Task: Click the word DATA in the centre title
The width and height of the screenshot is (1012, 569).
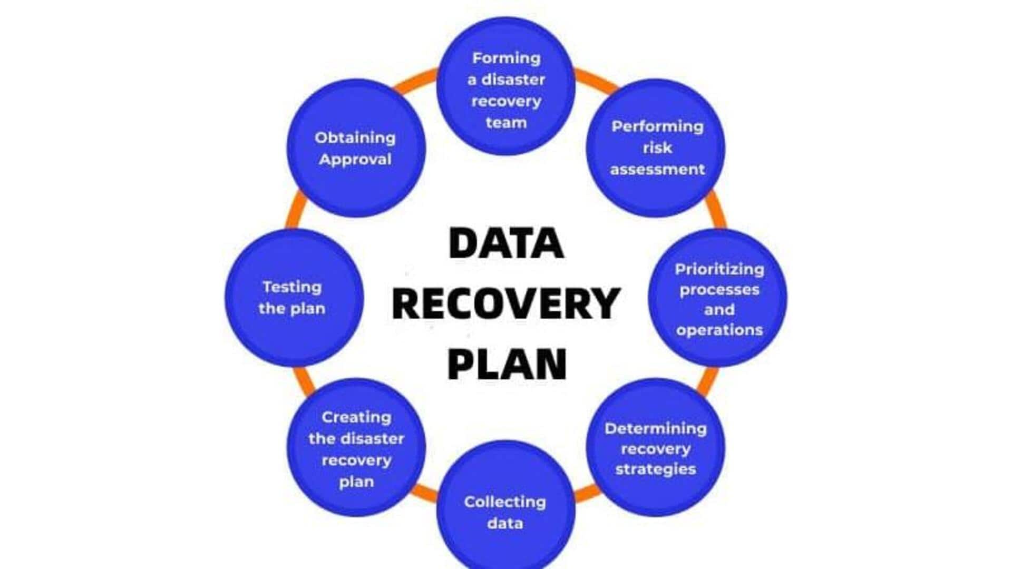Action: click(506, 243)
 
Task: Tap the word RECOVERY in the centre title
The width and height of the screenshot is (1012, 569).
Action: click(506, 303)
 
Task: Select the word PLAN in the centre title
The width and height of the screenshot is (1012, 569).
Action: click(507, 364)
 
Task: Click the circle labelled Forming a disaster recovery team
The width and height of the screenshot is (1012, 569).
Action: click(506, 86)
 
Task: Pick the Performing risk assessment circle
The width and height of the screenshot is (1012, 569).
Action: click(656, 148)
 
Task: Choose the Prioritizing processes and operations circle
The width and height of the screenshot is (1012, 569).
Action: click(717, 298)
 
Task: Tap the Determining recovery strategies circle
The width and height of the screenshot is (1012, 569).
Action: click(656, 447)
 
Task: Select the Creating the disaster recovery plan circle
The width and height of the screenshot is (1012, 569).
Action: click(356, 447)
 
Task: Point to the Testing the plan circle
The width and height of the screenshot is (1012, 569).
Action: click(294, 298)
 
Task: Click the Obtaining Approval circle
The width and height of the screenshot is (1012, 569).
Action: click(356, 148)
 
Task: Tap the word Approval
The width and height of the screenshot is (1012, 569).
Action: click(355, 160)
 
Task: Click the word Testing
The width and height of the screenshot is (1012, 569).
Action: click(292, 288)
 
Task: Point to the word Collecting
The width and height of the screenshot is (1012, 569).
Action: click(505, 502)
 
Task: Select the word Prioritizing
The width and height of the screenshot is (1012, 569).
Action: click(719, 270)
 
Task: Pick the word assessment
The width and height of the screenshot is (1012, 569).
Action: click(657, 169)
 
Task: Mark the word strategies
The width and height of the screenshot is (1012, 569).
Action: click(656, 469)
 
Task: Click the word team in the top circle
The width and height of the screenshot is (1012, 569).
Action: click(506, 123)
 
